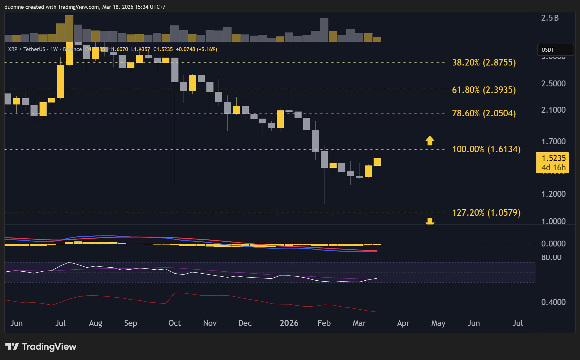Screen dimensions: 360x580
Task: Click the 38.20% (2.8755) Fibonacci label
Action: click(484, 62)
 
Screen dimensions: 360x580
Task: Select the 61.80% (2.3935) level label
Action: click(484, 90)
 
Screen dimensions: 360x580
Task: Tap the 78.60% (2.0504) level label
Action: click(484, 113)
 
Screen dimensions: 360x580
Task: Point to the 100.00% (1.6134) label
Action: click(486, 149)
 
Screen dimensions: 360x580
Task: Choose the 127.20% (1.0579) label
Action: click(486, 213)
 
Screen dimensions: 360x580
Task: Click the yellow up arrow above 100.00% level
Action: click(430, 140)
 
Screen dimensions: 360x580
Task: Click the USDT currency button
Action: click(555, 50)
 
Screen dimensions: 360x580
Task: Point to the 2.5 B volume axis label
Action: click(550, 18)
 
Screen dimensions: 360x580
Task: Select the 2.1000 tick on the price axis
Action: click(553, 110)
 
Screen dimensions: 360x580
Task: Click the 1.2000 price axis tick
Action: click(553, 194)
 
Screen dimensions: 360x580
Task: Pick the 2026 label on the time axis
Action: click(289, 323)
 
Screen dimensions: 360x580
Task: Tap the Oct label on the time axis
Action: click(175, 323)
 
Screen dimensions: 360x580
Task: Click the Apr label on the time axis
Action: click(403, 323)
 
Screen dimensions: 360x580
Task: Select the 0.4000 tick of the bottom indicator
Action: click(553, 302)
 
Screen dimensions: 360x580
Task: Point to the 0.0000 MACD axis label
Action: click(553, 244)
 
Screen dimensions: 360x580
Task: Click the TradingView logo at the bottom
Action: click(41, 346)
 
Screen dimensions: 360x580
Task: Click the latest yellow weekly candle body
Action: click(377, 162)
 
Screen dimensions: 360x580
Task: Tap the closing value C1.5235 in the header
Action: click(163, 49)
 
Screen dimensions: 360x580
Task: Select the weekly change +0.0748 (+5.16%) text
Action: click(197, 49)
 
